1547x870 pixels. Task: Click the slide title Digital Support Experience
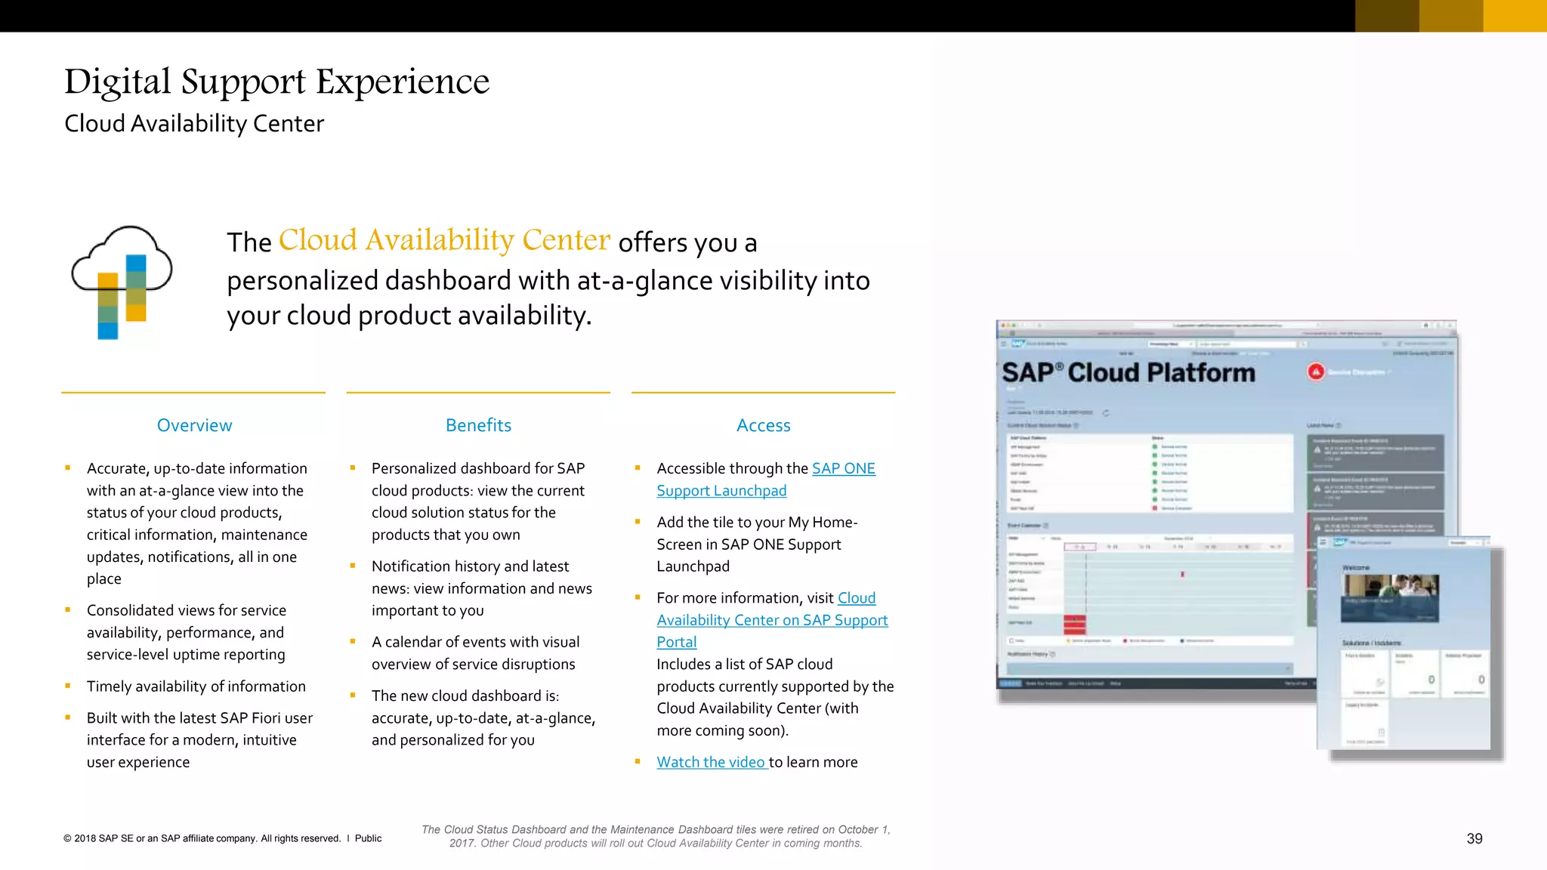276,82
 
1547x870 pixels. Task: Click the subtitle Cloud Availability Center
194,123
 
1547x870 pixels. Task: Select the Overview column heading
194,425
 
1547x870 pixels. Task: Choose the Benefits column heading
478,425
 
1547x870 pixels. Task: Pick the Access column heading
763,425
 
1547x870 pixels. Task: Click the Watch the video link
711,762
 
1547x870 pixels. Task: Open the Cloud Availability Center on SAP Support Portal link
772,620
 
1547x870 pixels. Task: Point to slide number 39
1474,838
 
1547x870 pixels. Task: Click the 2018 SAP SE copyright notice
202,838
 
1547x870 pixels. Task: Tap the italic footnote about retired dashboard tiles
656,836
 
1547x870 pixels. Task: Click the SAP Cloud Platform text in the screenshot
1129,372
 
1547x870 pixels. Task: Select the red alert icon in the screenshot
1316,372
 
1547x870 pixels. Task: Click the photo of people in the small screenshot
1390,597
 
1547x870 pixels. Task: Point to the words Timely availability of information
196,686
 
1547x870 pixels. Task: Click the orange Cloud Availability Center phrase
444,240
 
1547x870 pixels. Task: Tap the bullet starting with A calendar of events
475,652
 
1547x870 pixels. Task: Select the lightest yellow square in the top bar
1515,16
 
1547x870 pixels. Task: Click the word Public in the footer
368,838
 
